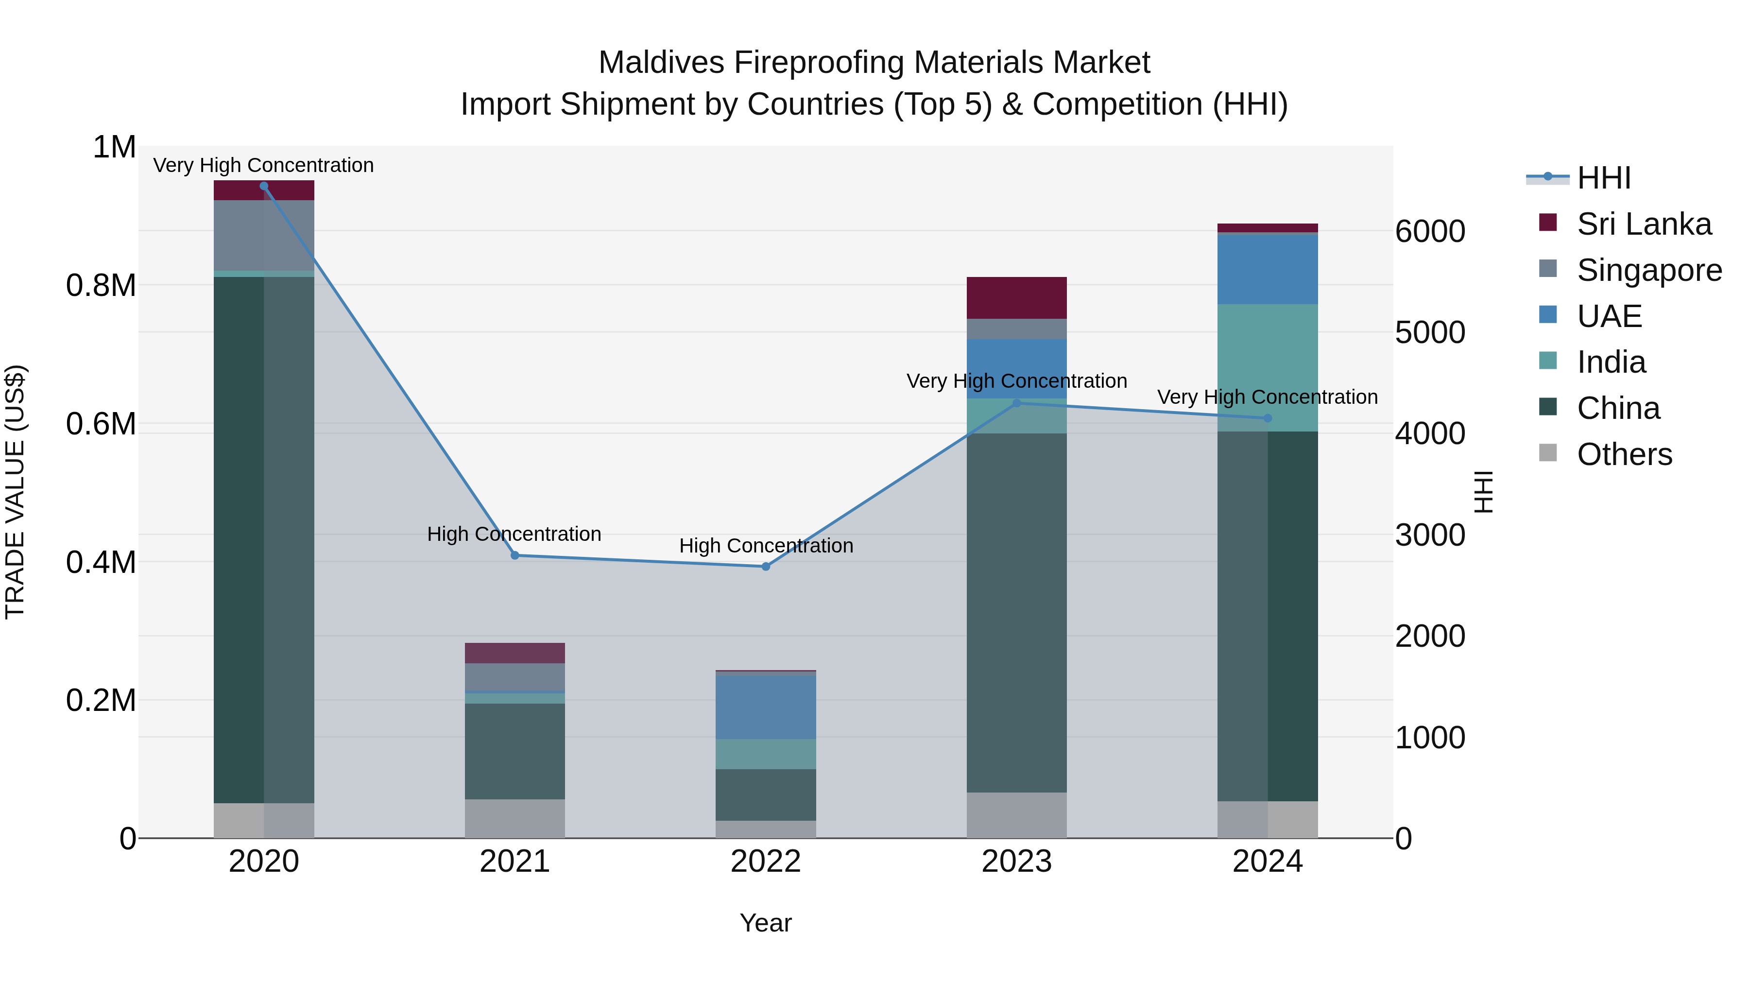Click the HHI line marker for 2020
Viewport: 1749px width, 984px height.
[264, 186]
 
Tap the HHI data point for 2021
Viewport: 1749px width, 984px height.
[514, 555]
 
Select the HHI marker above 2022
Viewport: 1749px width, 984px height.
[766, 567]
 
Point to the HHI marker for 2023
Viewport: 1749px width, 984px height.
[1016, 403]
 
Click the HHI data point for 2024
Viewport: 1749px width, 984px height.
[1268, 418]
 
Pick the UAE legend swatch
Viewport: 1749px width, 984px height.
[1548, 315]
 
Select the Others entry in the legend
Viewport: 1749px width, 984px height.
[1623, 454]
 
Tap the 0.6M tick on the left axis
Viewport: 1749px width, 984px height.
[101, 424]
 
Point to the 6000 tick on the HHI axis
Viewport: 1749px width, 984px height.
[1430, 232]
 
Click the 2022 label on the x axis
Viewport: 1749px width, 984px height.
[766, 862]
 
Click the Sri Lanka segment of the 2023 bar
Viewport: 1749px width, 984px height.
[1016, 297]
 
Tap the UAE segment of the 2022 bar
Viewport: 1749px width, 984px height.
[766, 706]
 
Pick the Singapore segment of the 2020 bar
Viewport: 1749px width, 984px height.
[264, 235]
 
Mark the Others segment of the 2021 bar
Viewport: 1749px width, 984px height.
[514, 818]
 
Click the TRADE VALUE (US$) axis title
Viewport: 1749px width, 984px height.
[15, 492]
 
